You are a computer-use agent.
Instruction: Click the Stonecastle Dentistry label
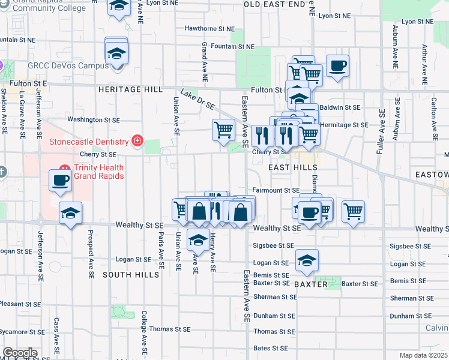[89, 142]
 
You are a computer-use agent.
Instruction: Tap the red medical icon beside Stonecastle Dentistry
[137, 142]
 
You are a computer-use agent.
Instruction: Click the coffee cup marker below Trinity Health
[60, 181]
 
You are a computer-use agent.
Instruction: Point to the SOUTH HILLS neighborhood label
[131, 275]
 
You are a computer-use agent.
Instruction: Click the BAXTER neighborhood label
[311, 284]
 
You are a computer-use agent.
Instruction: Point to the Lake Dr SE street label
[197, 100]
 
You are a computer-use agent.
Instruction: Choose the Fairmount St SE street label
[276, 190]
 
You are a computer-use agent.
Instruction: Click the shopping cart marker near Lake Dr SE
[223, 129]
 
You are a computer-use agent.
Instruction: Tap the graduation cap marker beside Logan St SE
[307, 260]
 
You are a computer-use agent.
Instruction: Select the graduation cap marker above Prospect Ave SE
[71, 213]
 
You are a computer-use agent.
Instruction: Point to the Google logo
[20, 353]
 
